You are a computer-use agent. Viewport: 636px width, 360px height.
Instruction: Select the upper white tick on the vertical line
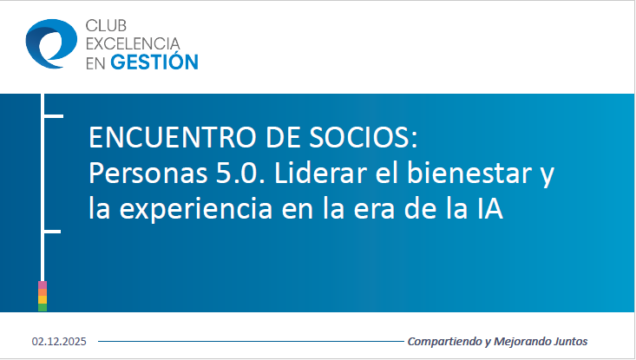point(52,115)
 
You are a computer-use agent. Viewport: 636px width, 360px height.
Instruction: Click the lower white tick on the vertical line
point(52,232)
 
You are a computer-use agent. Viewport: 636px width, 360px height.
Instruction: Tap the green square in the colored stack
point(43,306)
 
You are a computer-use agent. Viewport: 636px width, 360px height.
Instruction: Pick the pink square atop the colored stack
point(43,285)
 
